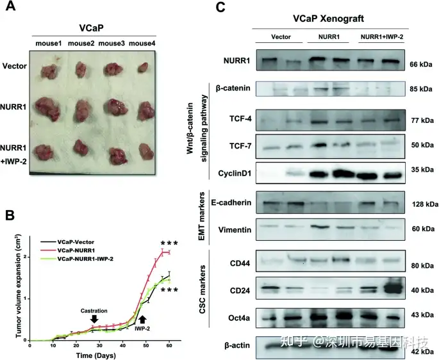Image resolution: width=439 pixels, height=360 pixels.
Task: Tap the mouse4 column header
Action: pyautogui.click(x=143, y=43)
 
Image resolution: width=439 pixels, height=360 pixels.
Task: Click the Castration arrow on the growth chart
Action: pyautogui.click(x=94, y=318)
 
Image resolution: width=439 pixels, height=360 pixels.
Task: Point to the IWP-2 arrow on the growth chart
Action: pyautogui.click(x=142, y=318)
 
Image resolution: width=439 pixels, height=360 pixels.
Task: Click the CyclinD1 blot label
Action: pyautogui.click(x=234, y=173)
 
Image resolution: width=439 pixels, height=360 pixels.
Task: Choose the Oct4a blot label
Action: pyautogui.click(x=236, y=316)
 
